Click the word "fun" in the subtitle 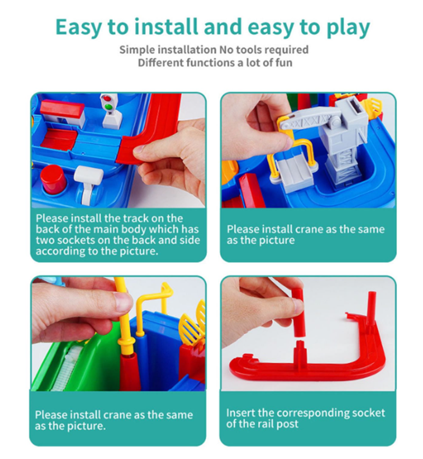pos(283,62)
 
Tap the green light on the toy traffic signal pos(108,107)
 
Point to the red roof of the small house pos(62,108)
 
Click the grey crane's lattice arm pos(305,121)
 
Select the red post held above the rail pos(299,312)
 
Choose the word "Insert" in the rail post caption pos(241,412)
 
